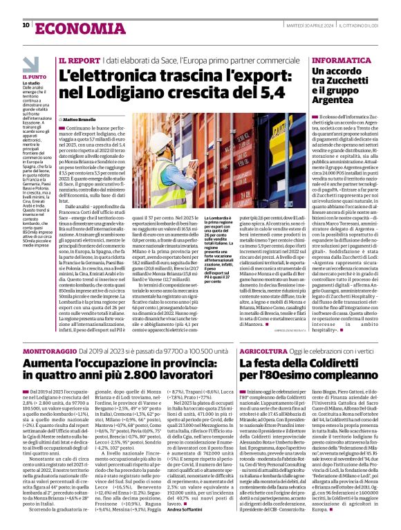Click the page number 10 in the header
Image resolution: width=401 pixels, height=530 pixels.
point(26,25)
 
